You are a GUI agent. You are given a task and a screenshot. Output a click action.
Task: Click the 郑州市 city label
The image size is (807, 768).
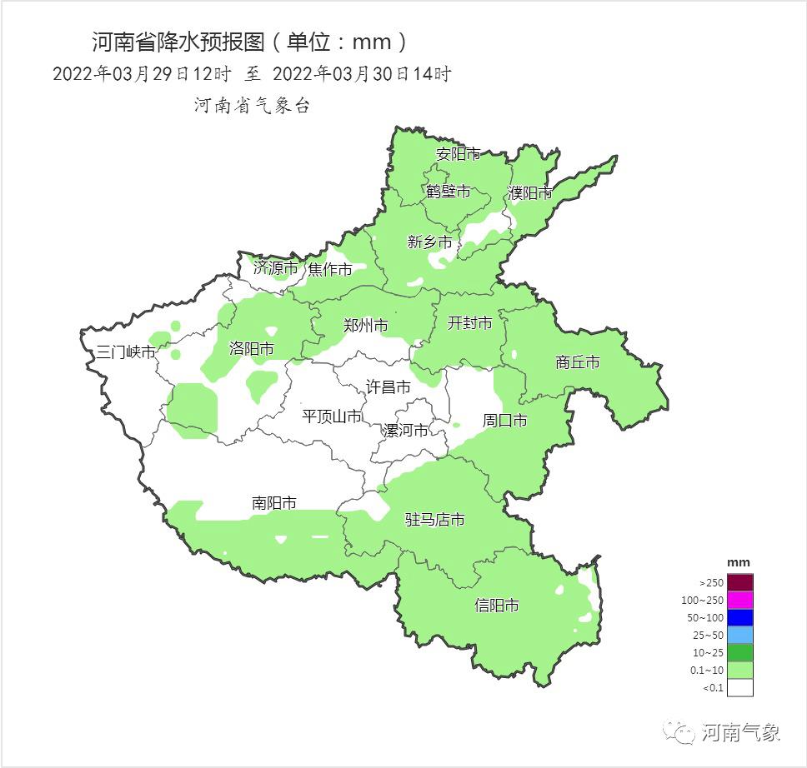pos(366,326)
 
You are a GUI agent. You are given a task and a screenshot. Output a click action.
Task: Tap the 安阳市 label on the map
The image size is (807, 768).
pos(459,154)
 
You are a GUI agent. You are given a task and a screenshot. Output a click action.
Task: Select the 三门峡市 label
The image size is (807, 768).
pos(126,352)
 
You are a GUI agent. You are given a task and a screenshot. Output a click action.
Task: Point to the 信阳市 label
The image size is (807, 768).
pos(497,606)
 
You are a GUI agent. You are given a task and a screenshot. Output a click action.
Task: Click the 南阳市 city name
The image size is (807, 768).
pos(274,503)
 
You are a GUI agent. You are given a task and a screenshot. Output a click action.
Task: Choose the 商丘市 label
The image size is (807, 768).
pos(578,362)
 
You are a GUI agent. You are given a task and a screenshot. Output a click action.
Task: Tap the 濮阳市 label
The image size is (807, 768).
pos(530,193)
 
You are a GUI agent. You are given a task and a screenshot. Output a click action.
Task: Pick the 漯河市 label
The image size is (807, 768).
pos(406,430)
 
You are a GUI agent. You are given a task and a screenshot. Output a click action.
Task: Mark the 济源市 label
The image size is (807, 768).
pos(276,268)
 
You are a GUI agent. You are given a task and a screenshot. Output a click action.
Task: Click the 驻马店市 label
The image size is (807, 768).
pos(434,520)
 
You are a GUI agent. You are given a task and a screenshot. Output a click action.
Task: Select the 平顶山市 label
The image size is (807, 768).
pos(332,416)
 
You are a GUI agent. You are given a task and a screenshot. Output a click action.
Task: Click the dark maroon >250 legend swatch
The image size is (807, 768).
pos(739,582)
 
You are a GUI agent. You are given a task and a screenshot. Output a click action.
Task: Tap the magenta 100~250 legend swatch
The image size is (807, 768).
pos(739,600)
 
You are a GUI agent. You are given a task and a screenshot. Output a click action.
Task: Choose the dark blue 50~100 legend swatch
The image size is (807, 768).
pos(739,617)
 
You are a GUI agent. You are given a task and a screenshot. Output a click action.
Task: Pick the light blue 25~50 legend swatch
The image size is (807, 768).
pos(739,635)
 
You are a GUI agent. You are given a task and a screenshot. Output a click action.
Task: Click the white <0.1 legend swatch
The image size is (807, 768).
pos(739,687)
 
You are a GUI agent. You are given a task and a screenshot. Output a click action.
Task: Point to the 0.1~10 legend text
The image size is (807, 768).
pos(705,670)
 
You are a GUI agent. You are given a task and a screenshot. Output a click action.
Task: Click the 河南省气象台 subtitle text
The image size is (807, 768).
pos(252,106)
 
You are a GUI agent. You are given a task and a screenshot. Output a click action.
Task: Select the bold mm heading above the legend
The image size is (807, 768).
pos(739,562)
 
